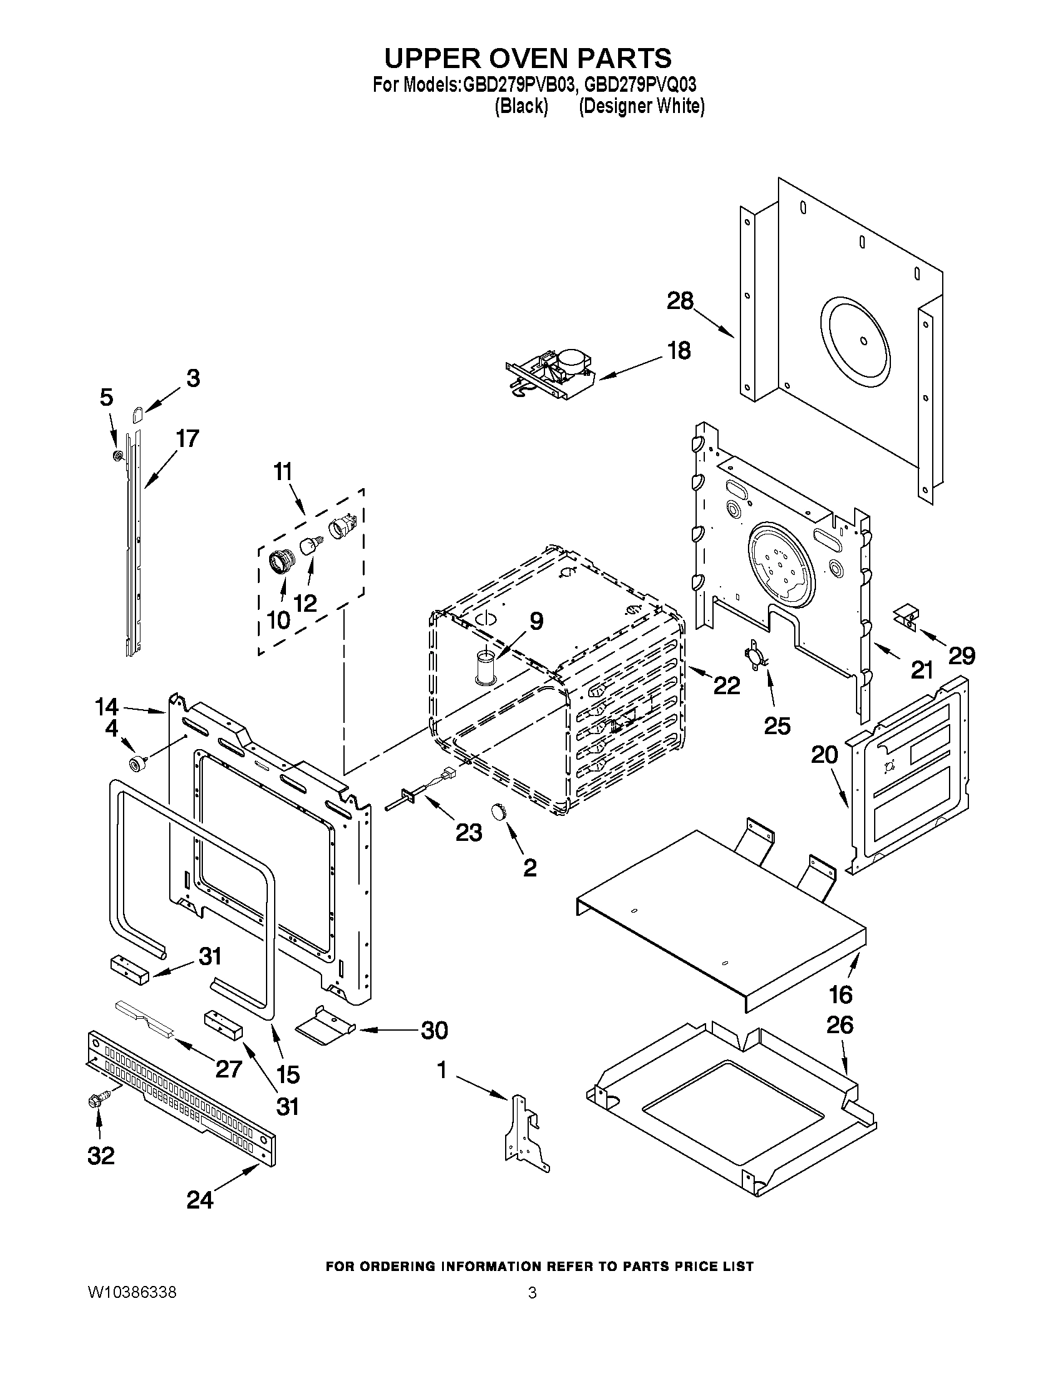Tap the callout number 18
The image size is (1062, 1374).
pyautogui.click(x=679, y=350)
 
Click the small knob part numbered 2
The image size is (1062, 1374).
pyautogui.click(x=499, y=812)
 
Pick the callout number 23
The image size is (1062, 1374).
pyautogui.click(x=469, y=832)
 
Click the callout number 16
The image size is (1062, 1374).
pyautogui.click(x=840, y=994)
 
